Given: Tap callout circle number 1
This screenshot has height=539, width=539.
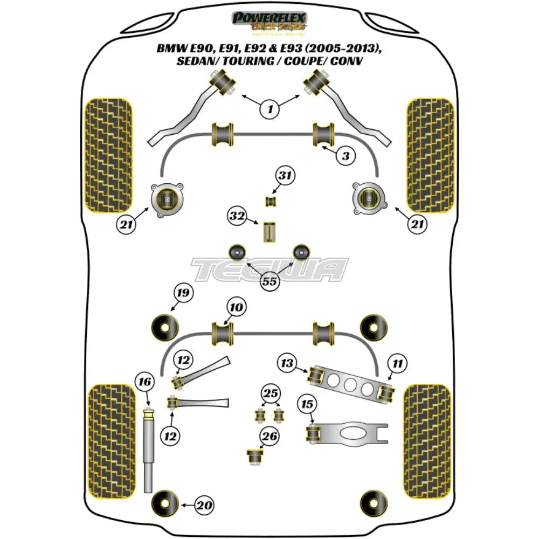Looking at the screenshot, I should (x=269, y=109).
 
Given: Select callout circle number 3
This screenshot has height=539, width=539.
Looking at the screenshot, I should (x=345, y=156).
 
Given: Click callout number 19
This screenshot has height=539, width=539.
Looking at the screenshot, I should (x=183, y=294).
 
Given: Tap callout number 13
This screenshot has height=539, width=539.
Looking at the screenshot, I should (x=287, y=364).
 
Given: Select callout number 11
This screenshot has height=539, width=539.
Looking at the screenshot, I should (x=397, y=364).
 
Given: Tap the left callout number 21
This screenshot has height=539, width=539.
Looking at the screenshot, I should (x=125, y=224).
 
